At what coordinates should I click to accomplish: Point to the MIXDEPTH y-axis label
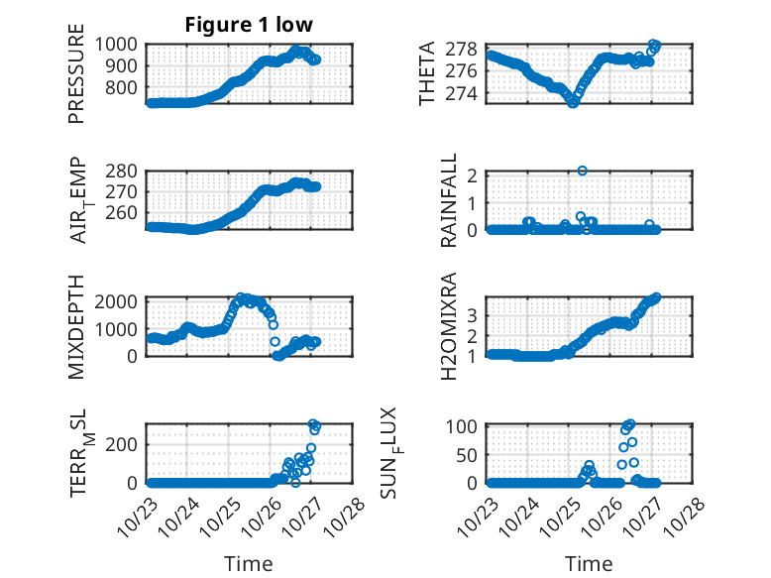pyautogui.click(x=76, y=326)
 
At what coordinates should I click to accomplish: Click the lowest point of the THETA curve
pyautogui.click(x=573, y=102)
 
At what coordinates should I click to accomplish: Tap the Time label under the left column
pyautogui.click(x=248, y=563)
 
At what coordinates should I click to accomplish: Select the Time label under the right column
pyautogui.click(x=589, y=563)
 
